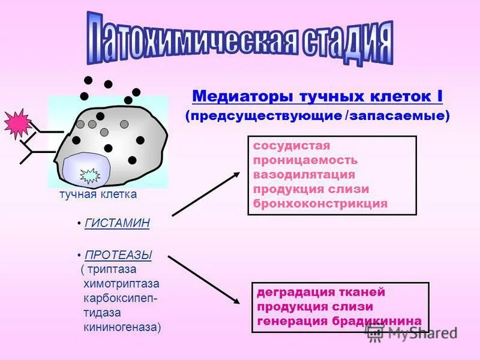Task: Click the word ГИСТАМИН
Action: pyautogui.click(x=117, y=223)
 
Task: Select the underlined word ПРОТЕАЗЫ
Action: pyautogui.click(x=118, y=255)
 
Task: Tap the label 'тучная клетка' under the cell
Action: pyautogui.click(x=98, y=194)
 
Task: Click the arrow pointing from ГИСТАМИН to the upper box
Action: pyautogui.click(x=206, y=193)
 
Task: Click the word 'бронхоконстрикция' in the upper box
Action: pyautogui.click(x=320, y=203)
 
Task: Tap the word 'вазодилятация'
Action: pyautogui.click(x=304, y=175)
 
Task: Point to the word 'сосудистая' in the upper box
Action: pyautogui.click(x=292, y=146)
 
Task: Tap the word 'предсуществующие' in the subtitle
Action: pyautogui.click(x=266, y=116)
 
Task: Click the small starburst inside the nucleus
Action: pyautogui.click(x=90, y=175)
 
